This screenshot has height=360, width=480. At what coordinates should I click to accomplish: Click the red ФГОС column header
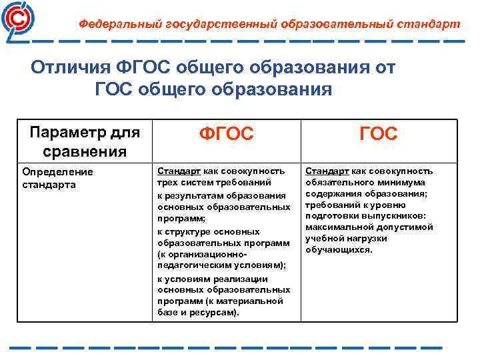pos(227,135)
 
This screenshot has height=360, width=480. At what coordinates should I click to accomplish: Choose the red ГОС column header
pos(378,135)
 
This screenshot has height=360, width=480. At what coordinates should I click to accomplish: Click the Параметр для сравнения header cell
pos(85,141)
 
